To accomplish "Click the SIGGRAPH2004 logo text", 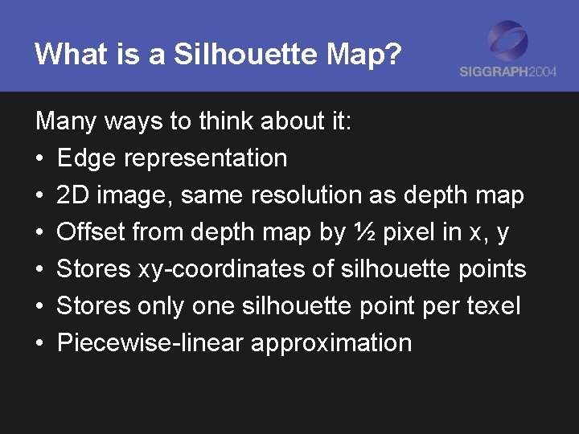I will coord(507,72).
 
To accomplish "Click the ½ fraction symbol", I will coord(362,232).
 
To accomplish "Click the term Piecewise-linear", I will coord(150,343).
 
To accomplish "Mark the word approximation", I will coord(331,343).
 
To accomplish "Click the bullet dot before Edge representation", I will coord(40,159).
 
